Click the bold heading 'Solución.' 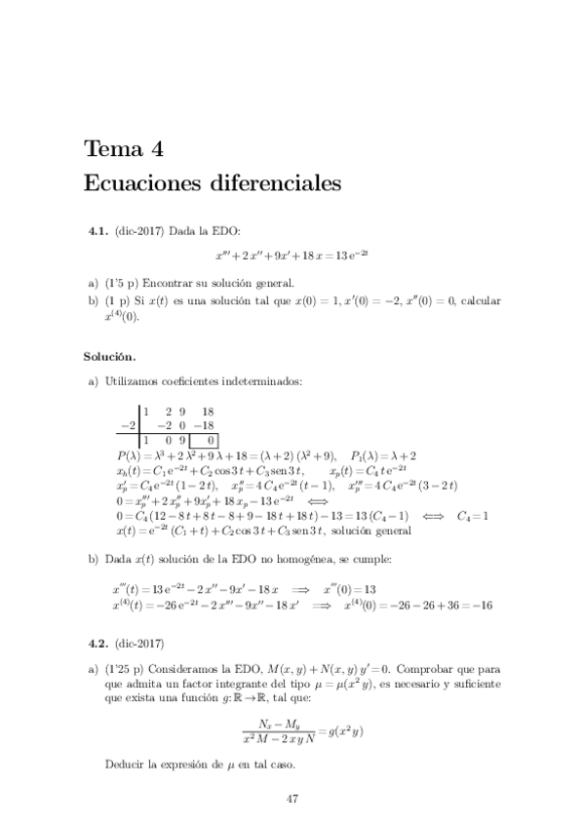(x=109, y=357)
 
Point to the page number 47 (x=292, y=799)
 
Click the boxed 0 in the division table (x=208, y=440)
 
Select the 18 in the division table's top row (x=207, y=412)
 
